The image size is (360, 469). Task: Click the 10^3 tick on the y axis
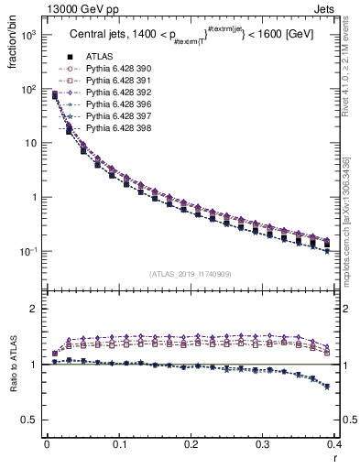tap(30, 36)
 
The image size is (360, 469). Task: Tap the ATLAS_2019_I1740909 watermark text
tap(190, 274)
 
